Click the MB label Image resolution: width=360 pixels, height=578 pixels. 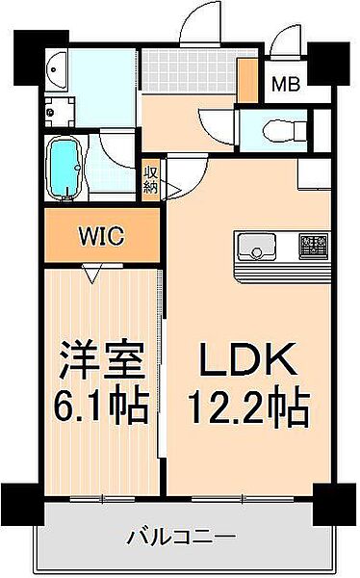[286, 84]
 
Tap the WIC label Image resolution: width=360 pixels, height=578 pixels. [102, 236]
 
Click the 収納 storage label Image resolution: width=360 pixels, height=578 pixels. [151, 179]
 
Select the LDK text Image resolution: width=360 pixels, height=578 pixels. [247, 359]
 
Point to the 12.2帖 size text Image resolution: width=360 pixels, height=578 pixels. [248, 407]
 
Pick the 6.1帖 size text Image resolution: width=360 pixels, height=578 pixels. [101, 405]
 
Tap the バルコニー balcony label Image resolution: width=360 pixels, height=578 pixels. [181, 537]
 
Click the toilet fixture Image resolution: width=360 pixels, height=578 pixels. [285, 130]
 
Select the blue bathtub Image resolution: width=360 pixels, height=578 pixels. [64, 168]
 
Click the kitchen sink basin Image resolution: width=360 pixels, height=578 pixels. [256, 246]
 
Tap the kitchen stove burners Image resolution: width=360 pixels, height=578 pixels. [315, 246]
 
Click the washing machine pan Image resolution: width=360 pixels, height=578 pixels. [60, 112]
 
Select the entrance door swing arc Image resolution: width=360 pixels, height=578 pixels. [201, 23]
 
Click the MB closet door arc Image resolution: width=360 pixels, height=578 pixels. [285, 39]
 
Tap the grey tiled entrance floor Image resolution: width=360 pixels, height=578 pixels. [190, 71]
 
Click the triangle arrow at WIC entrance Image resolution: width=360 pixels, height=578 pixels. [92, 274]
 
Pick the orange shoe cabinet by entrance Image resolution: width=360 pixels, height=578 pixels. [247, 80]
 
